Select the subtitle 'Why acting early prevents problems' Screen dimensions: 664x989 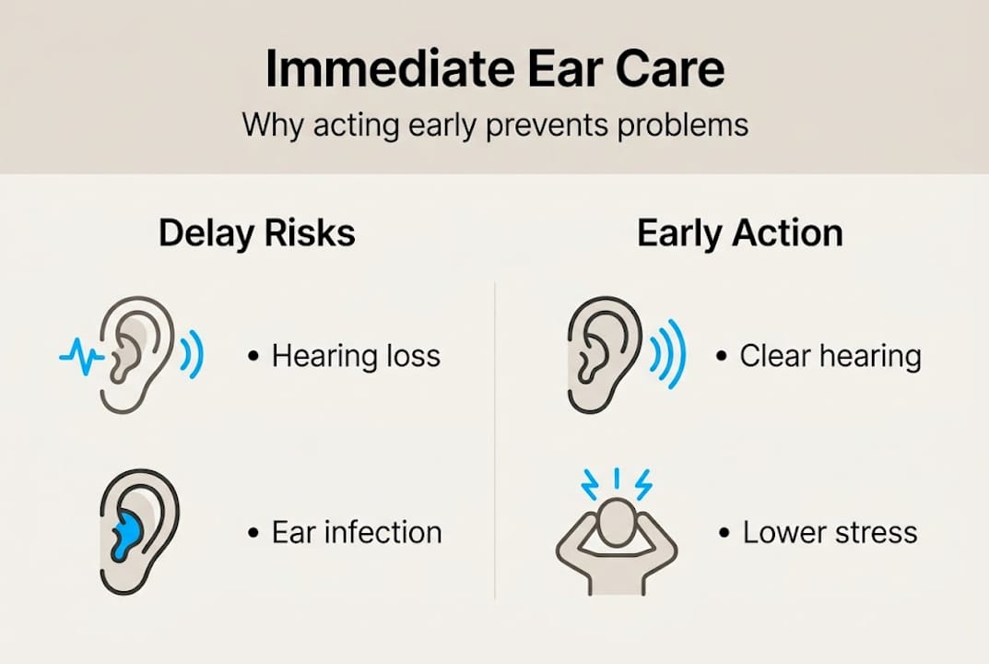(495, 124)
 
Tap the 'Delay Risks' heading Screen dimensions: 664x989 (256, 233)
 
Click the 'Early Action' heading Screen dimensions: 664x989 (739, 233)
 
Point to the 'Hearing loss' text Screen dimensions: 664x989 (356, 356)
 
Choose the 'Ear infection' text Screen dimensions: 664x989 (357, 532)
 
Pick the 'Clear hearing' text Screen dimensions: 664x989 (830, 356)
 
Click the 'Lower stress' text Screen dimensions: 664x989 (830, 532)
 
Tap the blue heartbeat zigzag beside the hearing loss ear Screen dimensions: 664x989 (80, 355)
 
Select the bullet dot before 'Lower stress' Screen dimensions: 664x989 (724, 533)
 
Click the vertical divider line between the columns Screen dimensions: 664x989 (495, 443)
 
